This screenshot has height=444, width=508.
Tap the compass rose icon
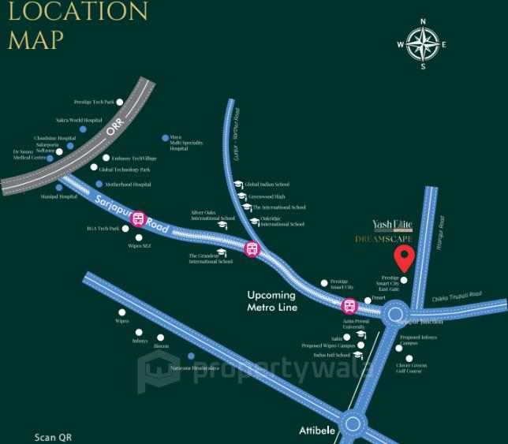(423, 43)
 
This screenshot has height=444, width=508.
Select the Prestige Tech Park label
(94, 102)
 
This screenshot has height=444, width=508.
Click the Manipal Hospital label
(58, 196)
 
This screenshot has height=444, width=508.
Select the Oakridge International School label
(282, 222)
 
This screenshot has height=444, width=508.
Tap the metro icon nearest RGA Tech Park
(139, 218)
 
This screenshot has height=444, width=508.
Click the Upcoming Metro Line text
(271, 300)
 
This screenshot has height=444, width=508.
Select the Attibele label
(319, 431)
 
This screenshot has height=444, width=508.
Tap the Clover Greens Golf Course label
(411, 368)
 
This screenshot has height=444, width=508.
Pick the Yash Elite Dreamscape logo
(393, 230)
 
